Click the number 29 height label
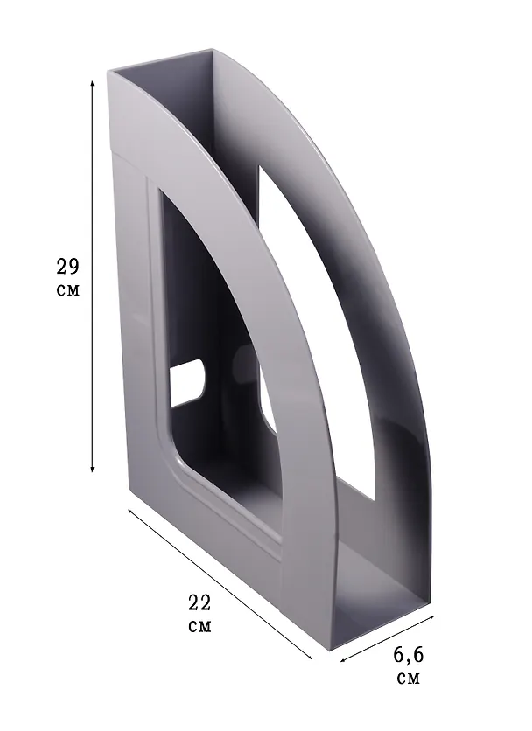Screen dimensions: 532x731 (67, 266)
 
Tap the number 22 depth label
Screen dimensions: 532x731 (199, 602)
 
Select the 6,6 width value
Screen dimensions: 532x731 (408, 656)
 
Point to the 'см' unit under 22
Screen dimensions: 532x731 (199, 627)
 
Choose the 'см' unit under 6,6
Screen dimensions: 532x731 (409, 679)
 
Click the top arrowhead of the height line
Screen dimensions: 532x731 (93, 83)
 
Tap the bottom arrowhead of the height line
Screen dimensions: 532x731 (93, 468)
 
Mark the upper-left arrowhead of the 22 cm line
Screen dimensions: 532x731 (130, 512)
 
